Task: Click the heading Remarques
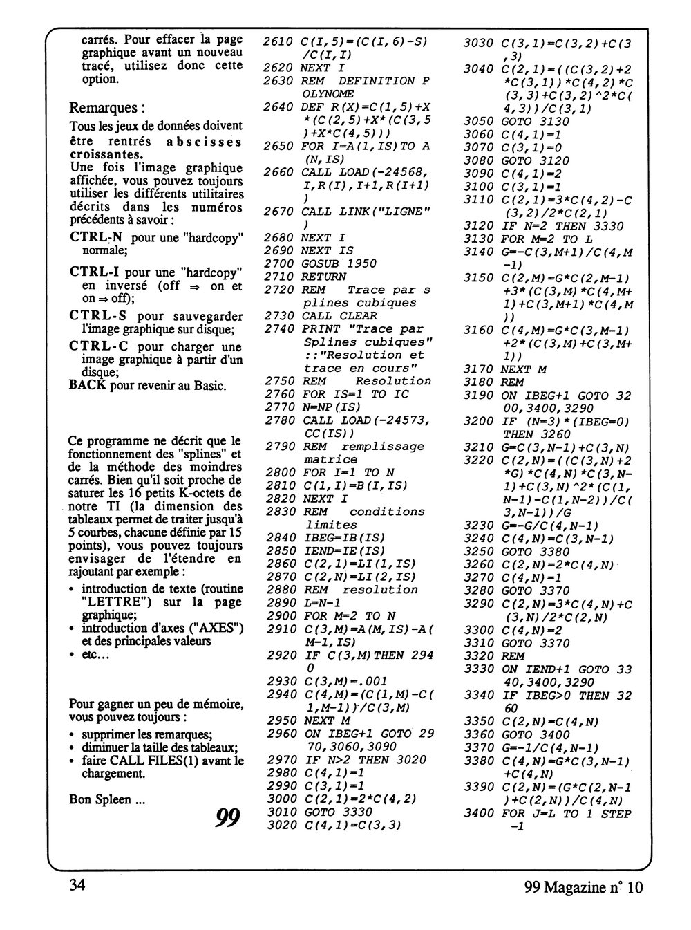coord(108,109)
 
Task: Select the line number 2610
coord(278,41)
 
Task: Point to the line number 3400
coord(478,814)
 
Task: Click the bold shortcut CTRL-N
coord(97,238)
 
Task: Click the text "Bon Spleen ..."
coord(107,799)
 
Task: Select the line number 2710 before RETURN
coord(278,277)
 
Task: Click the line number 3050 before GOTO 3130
coord(478,122)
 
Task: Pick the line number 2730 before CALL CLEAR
coord(278,315)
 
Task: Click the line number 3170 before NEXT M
coord(478,369)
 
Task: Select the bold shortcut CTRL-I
coord(96,271)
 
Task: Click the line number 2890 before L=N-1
coord(278,603)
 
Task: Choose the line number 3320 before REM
coord(478,656)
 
